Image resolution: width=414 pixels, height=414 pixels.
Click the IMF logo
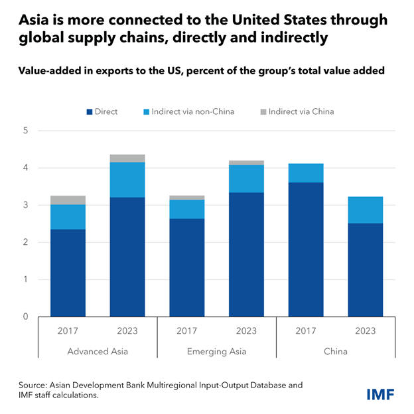[x=381, y=395]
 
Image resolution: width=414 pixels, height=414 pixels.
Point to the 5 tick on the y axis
[x=25, y=131]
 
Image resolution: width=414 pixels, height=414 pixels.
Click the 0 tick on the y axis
[x=25, y=316]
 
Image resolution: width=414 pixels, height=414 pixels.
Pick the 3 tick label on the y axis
[x=25, y=205]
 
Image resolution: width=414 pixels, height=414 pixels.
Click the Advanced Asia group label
[x=98, y=351]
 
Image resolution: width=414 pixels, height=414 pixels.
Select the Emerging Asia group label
[x=216, y=351]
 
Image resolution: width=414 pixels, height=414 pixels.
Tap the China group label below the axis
[x=336, y=351]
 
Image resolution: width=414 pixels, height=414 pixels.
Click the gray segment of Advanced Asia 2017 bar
[x=68, y=200]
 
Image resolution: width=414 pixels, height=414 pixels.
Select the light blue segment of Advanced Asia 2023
[x=127, y=179]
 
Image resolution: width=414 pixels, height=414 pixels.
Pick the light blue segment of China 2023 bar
[x=365, y=210]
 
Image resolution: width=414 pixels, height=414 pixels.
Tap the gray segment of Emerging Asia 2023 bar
[x=246, y=163]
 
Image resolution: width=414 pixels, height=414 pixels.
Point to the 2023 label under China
[x=365, y=331]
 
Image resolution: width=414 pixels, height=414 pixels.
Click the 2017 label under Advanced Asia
[x=68, y=331]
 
